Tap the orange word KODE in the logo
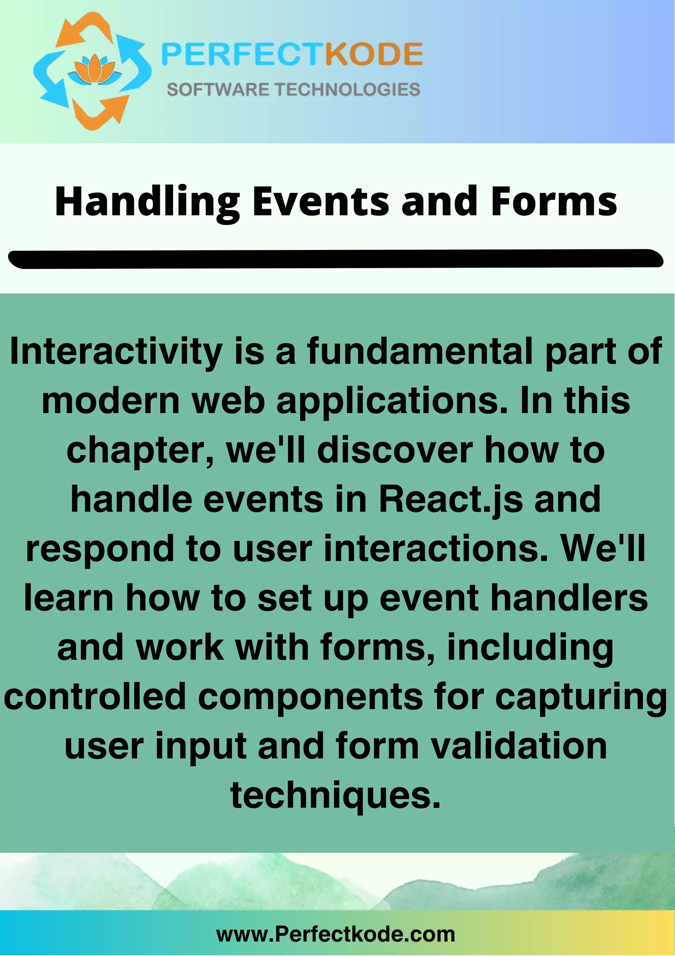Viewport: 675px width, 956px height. pos(374,54)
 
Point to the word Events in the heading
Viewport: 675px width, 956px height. pos(320,202)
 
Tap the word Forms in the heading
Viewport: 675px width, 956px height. pos(553,202)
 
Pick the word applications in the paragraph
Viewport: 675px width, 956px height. pos(392,401)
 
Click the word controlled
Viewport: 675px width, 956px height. pos(95,696)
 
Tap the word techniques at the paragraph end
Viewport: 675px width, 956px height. pos(335,795)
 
